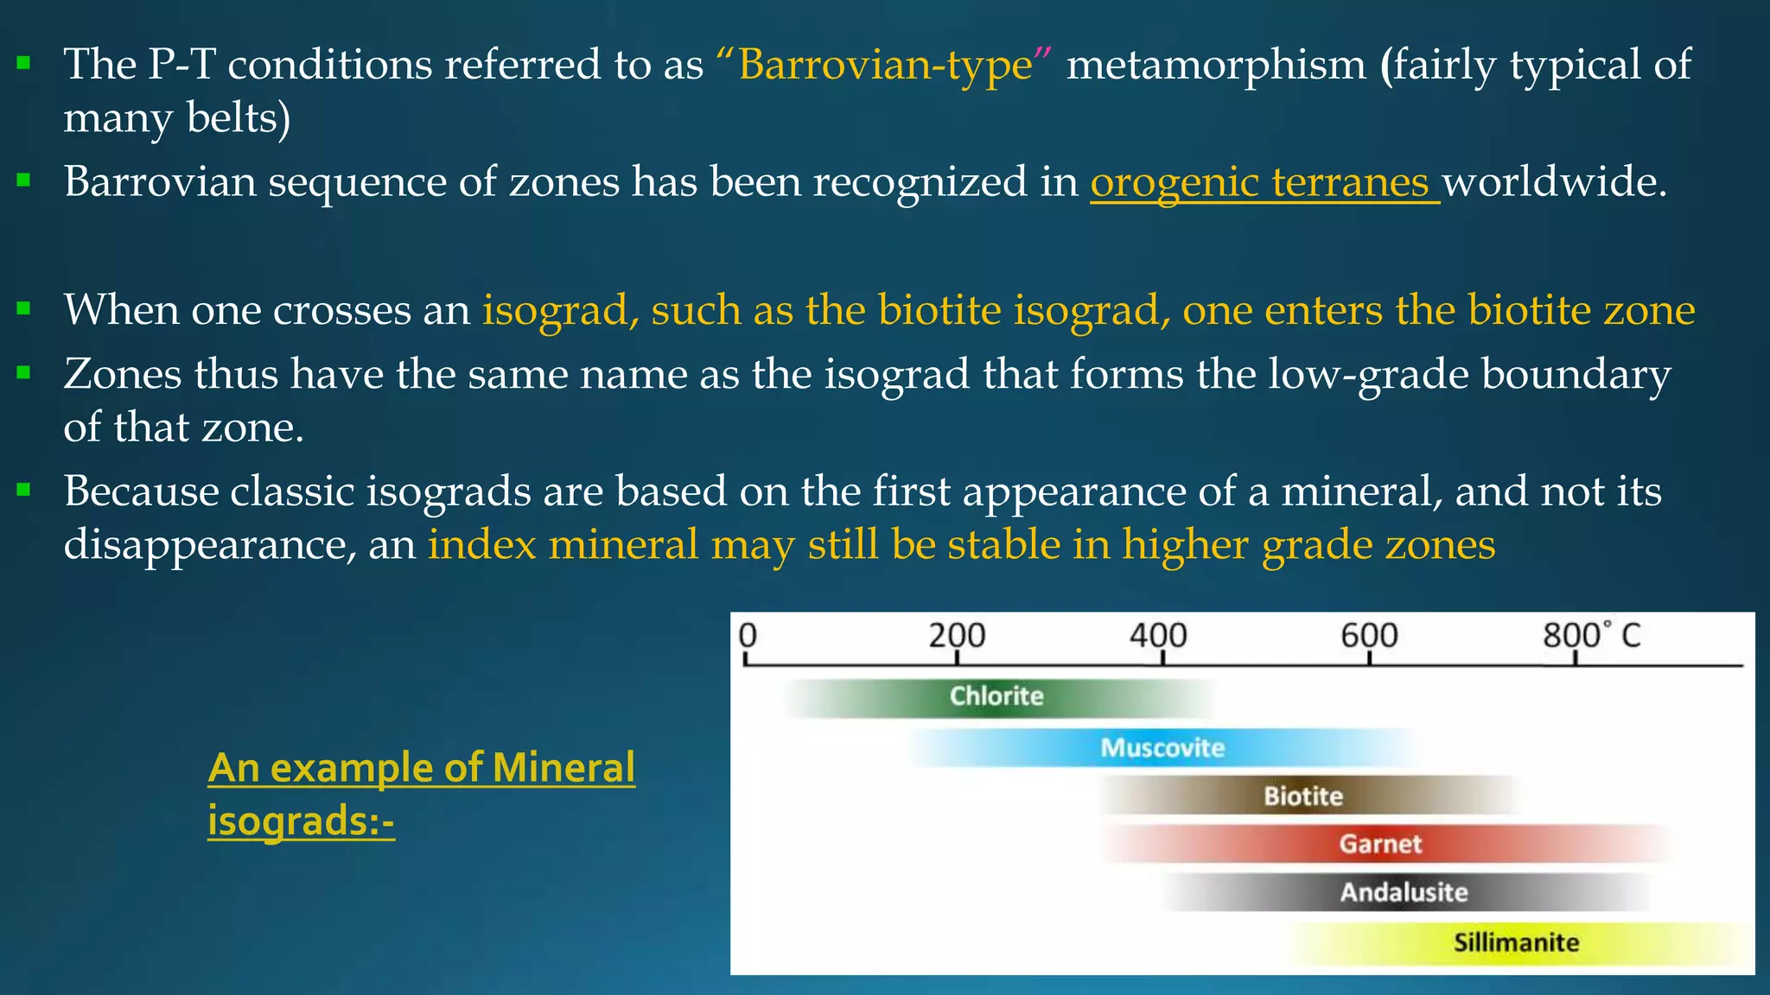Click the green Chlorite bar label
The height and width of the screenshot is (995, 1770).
click(996, 696)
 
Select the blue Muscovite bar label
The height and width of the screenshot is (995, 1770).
click(1162, 748)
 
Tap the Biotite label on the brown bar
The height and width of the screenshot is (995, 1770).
click(1303, 796)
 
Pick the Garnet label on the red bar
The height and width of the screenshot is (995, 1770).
click(1380, 844)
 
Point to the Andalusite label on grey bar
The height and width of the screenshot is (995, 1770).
click(1404, 892)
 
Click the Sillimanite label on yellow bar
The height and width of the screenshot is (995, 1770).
click(1516, 942)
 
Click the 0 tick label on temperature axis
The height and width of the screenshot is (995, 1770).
click(748, 636)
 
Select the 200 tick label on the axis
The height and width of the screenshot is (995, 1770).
click(957, 636)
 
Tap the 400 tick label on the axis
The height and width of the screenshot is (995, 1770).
click(1158, 636)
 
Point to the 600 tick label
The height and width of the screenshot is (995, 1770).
click(1369, 636)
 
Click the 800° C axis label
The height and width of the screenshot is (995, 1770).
click(1591, 636)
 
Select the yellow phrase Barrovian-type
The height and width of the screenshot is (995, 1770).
click(885, 65)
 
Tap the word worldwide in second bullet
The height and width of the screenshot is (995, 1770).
click(1554, 182)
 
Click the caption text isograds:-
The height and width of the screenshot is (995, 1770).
click(301, 820)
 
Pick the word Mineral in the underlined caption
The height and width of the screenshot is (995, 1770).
click(563, 767)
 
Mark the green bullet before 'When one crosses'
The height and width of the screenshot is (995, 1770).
click(23, 307)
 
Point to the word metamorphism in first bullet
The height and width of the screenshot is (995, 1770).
click(1216, 65)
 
